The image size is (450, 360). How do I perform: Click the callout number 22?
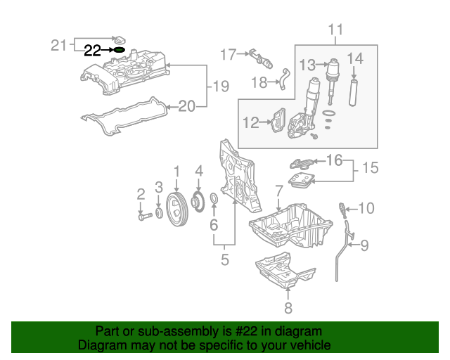click(x=93, y=50)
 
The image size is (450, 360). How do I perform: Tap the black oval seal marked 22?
click(x=120, y=50)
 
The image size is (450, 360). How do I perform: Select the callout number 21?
click(x=58, y=45)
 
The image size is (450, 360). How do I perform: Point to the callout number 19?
click(x=221, y=86)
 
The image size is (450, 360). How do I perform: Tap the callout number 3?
click(x=159, y=187)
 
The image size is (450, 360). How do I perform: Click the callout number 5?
click(x=225, y=260)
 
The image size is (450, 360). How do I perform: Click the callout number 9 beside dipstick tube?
click(x=364, y=245)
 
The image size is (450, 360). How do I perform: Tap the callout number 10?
click(x=368, y=208)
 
